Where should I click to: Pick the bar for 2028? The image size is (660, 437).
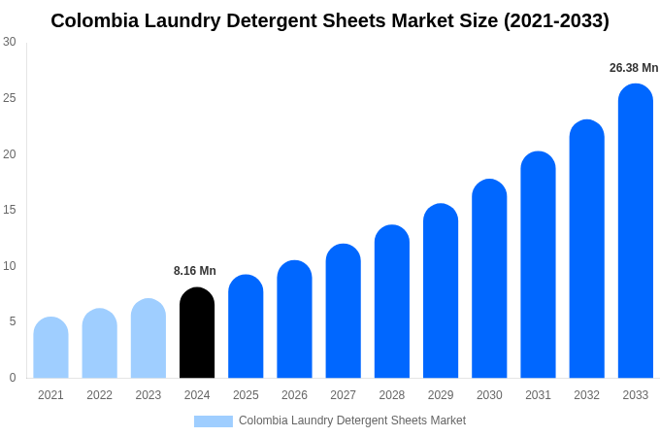[x=392, y=302]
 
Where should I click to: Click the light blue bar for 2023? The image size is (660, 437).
[x=148, y=339]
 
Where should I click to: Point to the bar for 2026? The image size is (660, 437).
[x=294, y=319]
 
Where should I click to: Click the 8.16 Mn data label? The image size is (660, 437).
[x=195, y=271]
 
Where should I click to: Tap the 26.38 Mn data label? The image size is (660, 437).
[x=634, y=68]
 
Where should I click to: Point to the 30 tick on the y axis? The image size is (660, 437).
[x=10, y=42]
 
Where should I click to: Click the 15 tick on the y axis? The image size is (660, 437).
[x=10, y=210]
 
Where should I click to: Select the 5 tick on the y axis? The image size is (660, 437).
[x=13, y=321]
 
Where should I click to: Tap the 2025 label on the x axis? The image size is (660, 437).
[x=246, y=395]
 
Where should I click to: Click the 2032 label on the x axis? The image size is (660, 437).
[x=586, y=395]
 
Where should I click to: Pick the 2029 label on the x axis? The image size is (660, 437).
[x=441, y=395]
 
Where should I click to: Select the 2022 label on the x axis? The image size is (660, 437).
[x=99, y=395]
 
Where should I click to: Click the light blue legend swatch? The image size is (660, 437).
[x=214, y=421]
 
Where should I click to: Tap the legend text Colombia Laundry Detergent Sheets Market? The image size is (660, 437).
[x=352, y=420]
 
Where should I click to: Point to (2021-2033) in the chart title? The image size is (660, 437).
[x=556, y=20]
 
